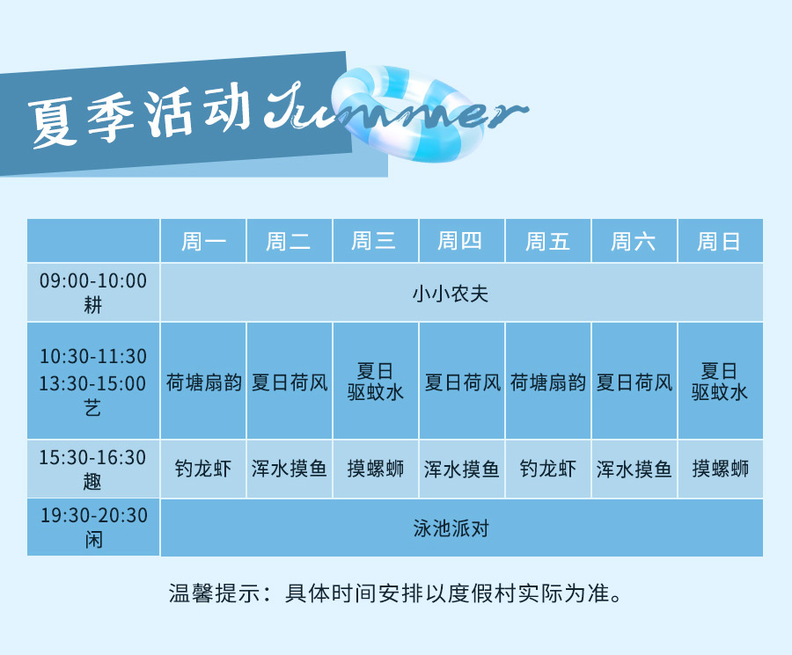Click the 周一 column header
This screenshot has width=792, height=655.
[x=203, y=241]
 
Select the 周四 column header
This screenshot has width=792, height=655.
[x=459, y=241]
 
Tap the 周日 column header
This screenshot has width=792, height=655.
[x=719, y=241]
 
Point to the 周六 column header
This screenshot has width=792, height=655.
[x=633, y=241]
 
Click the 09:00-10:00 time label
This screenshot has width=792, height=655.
[x=93, y=280]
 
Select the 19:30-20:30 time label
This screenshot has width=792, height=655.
[x=94, y=515]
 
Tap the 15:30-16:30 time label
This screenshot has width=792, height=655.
[x=93, y=457]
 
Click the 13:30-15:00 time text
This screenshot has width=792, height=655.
[x=93, y=383]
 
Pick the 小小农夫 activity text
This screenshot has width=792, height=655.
[x=451, y=294]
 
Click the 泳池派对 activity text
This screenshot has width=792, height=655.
[x=451, y=528]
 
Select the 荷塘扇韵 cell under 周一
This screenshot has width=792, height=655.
[x=203, y=382]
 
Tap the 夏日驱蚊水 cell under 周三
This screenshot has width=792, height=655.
[x=375, y=382]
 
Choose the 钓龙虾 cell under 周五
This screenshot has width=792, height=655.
[x=548, y=469]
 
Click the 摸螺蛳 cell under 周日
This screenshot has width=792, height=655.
[x=720, y=469]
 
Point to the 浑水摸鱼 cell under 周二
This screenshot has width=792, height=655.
[x=290, y=469]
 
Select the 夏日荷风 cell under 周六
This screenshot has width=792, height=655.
[x=634, y=382]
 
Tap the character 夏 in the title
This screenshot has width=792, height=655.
[x=53, y=122]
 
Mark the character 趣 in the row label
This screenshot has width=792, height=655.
[x=93, y=482]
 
